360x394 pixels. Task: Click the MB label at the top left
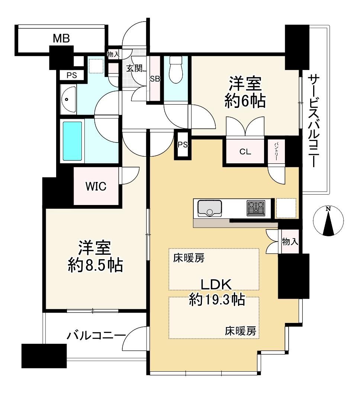pos(61,38)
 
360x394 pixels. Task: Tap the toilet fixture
pos(176,70)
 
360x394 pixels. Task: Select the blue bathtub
pos(72,141)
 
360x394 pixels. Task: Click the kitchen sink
pos(209,208)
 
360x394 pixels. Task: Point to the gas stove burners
pos(256,208)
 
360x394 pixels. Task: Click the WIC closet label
pos(96,186)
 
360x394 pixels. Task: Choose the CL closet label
pos(245,152)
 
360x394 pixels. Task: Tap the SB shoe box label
pos(155,79)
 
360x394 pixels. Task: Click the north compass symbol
pos(328,221)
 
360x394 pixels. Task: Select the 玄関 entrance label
pos(134,68)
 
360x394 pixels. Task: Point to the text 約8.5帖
pos(96,265)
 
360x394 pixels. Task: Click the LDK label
pos(216,285)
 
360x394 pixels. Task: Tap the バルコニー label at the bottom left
pos(96,336)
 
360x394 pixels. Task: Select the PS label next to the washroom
pos(72,76)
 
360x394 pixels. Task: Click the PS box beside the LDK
pos(183,145)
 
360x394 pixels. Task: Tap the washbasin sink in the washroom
pos(68,99)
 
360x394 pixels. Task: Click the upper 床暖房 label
pos(189,258)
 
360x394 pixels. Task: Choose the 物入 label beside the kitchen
pos(290,242)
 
